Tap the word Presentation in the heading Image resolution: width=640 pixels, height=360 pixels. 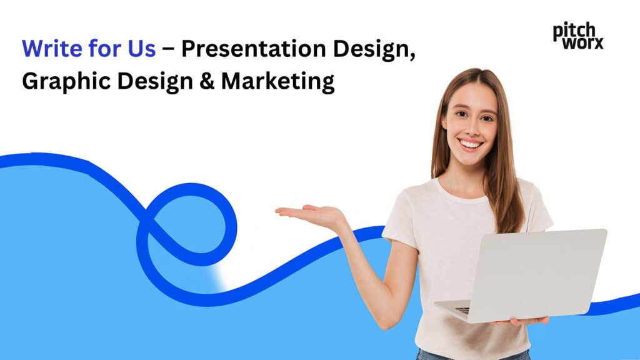click(x=254, y=48)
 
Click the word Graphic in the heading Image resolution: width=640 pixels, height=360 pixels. click(x=66, y=81)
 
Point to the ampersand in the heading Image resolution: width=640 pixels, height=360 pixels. click(x=207, y=81)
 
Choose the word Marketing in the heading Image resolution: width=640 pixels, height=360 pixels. click(x=278, y=81)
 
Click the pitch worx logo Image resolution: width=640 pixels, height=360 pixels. click(x=578, y=36)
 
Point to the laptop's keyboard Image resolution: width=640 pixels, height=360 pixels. click(x=462, y=310)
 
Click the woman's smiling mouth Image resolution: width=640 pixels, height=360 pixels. click(x=471, y=144)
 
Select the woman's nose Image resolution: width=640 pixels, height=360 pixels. click(x=472, y=128)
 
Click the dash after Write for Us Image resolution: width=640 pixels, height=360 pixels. click(x=168, y=49)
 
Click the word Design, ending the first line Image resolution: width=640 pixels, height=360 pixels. click(x=374, y=49)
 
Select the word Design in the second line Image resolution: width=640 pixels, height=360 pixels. click(x=155, y=81)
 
